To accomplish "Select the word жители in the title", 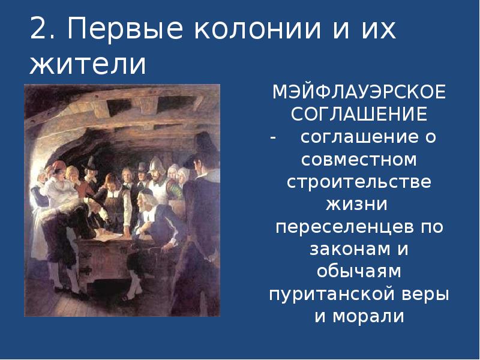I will click(88, 64).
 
